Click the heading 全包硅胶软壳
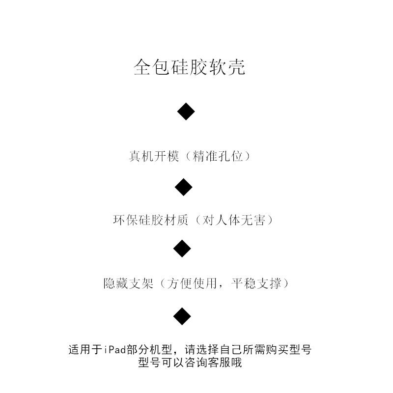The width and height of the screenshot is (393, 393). coord(190,68)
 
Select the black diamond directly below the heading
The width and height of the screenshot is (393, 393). coord(186,112)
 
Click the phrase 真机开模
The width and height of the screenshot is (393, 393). coord(154,157)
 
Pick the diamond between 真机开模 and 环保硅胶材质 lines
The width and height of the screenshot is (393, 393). coord(184,187)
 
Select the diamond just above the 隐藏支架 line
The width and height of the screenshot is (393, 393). coord(182,249)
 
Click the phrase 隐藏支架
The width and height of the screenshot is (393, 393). coord(129,283)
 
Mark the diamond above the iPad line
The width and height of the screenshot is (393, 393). coord(182,315)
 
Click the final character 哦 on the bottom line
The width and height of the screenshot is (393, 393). coord(237,364)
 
